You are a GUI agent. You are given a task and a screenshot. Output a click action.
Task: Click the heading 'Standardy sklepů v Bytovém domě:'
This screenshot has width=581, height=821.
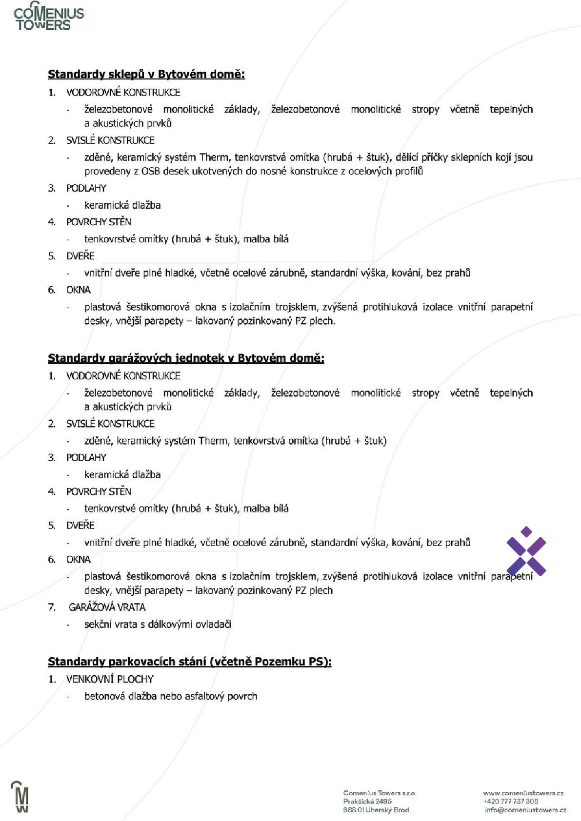tap(146, 75)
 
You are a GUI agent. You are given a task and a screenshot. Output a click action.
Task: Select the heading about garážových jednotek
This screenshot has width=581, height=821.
tap(186, 358)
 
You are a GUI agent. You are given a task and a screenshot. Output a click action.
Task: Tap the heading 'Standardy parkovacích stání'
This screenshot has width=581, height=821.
tap(190, 662)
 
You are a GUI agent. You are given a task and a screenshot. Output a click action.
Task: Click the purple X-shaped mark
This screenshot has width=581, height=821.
tap(526, 551)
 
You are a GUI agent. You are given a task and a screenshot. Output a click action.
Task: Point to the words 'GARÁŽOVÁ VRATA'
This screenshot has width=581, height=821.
tap(107, 607)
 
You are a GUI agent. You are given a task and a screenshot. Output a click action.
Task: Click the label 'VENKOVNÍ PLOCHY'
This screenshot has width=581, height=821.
tap(110, 679)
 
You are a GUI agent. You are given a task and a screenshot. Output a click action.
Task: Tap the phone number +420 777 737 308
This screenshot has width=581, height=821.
tap(510, 801)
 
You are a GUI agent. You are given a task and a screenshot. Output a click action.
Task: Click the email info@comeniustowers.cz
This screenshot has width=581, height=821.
tap(525, 810)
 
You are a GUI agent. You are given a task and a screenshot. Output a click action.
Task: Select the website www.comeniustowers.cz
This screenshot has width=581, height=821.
tap(523, 793)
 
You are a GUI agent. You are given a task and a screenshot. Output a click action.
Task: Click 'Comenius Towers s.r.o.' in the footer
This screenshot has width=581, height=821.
tap(380, 793)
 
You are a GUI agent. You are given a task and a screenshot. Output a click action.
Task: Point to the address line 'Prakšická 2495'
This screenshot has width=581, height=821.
tap(367, 801)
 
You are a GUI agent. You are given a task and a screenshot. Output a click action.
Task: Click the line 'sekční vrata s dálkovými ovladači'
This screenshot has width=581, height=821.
tap(158, 625)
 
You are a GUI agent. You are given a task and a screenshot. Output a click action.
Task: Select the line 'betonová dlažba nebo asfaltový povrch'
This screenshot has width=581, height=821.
tap(170, 696)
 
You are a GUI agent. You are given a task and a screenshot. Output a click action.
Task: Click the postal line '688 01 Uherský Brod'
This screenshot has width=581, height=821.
tap(376, 810)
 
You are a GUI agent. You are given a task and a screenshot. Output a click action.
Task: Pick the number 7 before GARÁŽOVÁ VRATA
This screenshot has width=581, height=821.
tap(52, 607)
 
